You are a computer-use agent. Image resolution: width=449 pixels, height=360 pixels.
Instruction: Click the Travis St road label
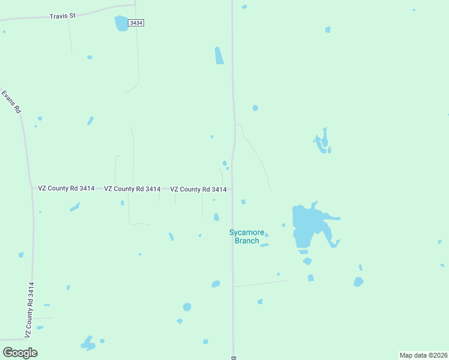click(62, 16)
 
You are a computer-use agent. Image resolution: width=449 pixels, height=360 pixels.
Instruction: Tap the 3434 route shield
click(136, 22)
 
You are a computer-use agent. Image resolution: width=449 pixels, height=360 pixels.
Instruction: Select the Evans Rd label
click(11, 102)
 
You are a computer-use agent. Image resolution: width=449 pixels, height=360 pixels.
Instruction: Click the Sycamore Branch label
click(247, 236)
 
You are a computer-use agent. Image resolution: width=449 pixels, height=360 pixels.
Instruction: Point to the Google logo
click(20, 353)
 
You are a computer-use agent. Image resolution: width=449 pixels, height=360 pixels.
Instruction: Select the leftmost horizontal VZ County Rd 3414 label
click(66, 188)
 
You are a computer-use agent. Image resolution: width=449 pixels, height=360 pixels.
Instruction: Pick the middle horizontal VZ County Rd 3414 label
click(132, 189)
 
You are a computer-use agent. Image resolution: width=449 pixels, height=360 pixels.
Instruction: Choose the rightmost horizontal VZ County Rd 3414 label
click(198, 190)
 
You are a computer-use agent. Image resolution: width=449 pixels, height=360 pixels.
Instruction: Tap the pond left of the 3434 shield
click(122, 23)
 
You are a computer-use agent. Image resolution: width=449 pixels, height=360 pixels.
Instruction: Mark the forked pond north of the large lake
click(323, 142)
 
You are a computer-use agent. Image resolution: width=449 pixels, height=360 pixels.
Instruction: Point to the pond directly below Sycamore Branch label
click(264, 245)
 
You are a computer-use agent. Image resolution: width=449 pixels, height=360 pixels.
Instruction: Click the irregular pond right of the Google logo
click(88, 343)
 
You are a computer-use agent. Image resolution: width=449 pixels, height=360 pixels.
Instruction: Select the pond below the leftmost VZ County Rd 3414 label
click(74, 207)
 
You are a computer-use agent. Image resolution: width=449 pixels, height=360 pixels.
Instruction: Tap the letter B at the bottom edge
click(233, 358)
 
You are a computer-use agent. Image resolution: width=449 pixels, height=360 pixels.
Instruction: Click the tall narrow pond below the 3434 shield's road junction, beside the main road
click(219, 55)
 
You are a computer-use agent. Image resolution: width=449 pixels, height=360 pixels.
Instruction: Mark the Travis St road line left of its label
click(24, 19)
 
